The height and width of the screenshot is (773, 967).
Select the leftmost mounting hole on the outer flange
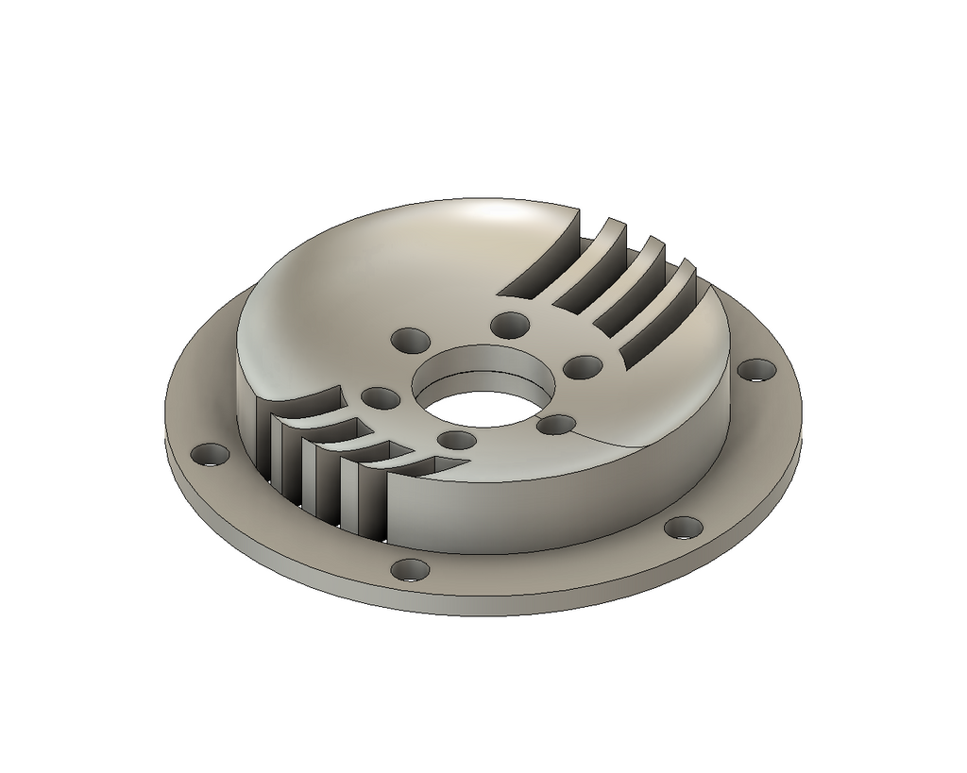210,455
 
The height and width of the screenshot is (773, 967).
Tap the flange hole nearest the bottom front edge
410,570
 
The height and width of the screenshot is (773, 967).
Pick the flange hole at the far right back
755,370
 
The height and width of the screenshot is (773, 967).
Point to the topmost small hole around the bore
511,326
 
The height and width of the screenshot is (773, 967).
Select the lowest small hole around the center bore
457,441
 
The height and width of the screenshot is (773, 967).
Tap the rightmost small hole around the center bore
584,366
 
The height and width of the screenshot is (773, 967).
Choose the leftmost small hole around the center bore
380,397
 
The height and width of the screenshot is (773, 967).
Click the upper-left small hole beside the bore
410,339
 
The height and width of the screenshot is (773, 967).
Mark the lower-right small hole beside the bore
556,425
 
